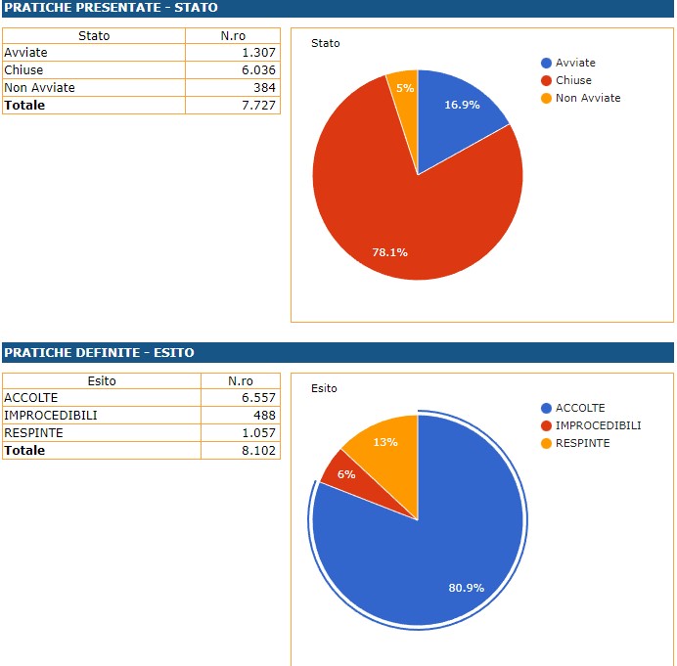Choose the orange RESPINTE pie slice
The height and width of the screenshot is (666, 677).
click(x=384, y=445)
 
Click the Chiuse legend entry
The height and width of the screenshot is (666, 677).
click(x=572, y=80)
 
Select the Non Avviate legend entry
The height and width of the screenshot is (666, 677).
click(x=587, y=98)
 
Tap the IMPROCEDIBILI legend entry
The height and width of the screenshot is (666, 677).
click(x=597, y=425)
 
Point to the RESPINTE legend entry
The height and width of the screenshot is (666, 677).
click(x=581, y=443)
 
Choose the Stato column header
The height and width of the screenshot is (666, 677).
click(x=94, y=36)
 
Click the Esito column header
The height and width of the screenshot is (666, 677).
click(x=102, y=380)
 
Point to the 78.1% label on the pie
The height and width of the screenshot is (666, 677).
click(x=389, y=252)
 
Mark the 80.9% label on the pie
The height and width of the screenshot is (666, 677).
click(x=466, y=588)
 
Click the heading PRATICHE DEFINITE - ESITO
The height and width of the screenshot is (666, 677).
click(x=99, y=352)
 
